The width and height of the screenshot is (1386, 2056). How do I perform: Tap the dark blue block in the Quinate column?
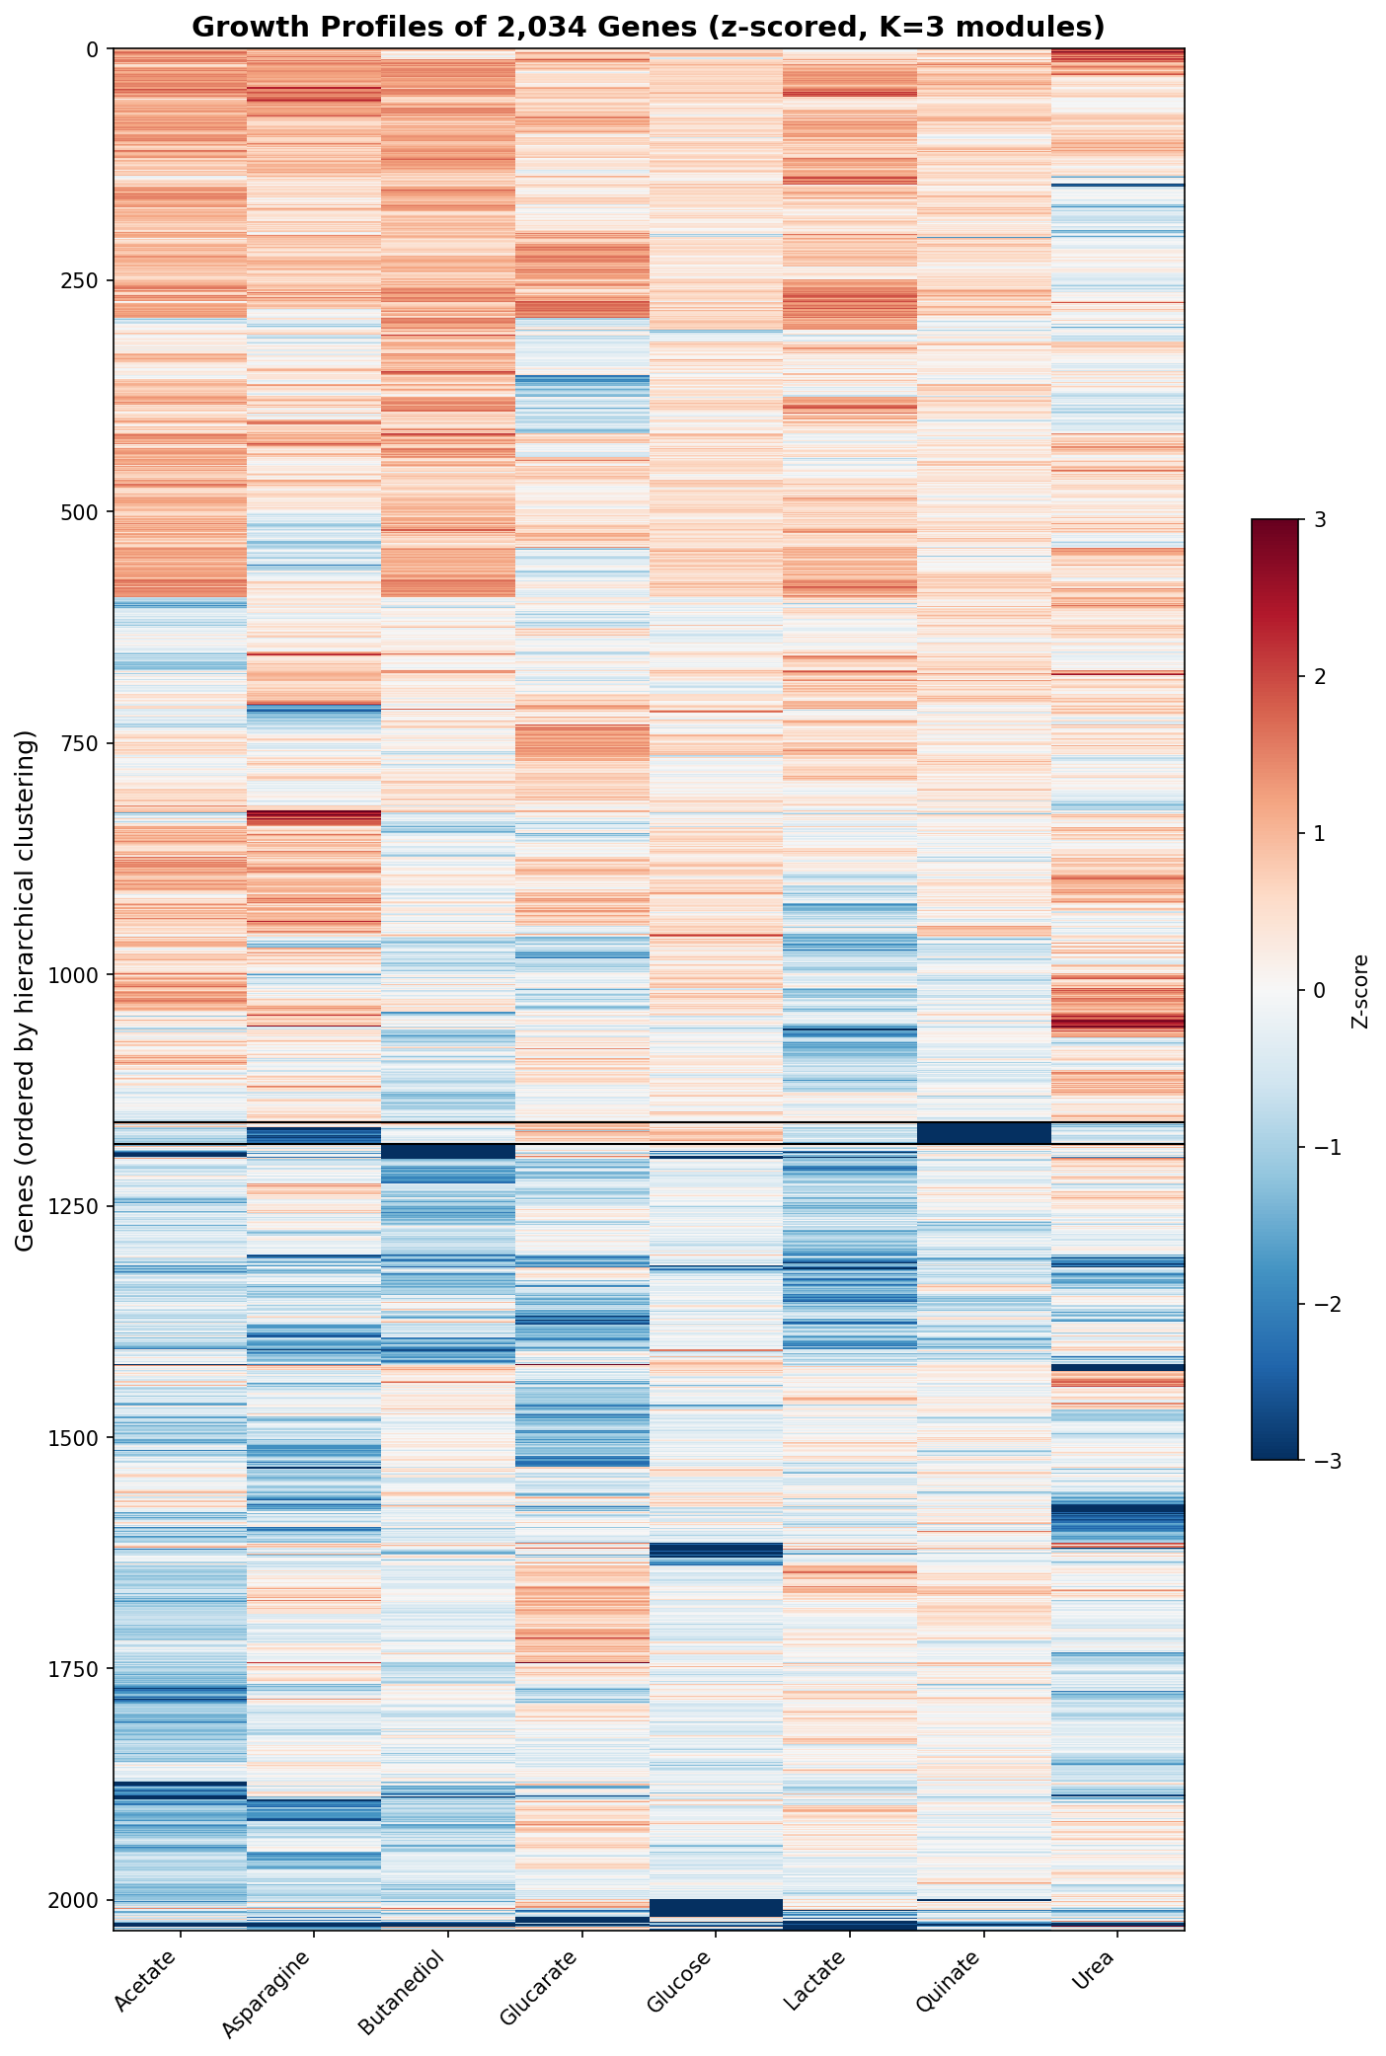point(983,1132)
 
